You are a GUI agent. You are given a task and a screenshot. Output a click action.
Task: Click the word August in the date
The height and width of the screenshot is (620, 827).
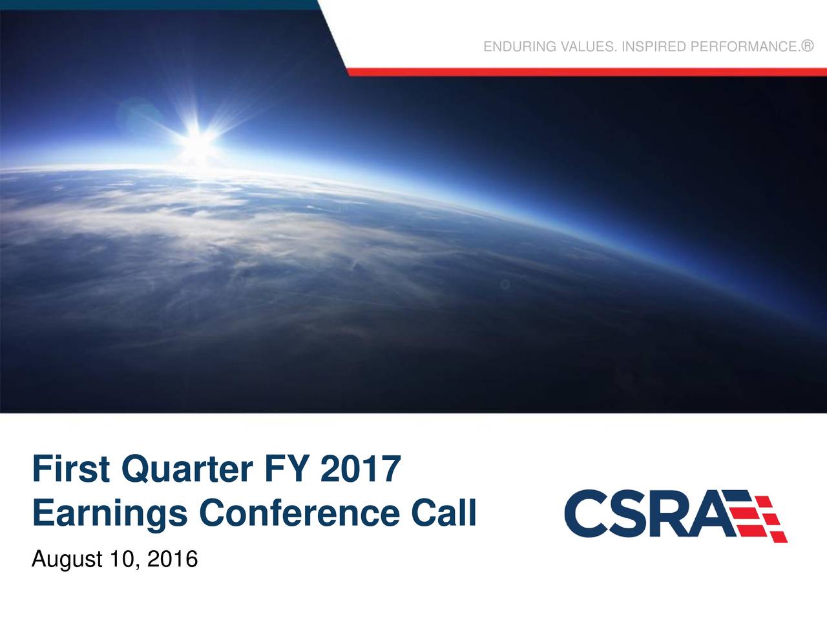[67, 559]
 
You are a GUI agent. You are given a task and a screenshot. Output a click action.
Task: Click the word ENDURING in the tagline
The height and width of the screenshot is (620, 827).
[519, 46]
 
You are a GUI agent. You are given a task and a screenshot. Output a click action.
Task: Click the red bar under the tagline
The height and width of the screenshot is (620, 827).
[581, 72]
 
